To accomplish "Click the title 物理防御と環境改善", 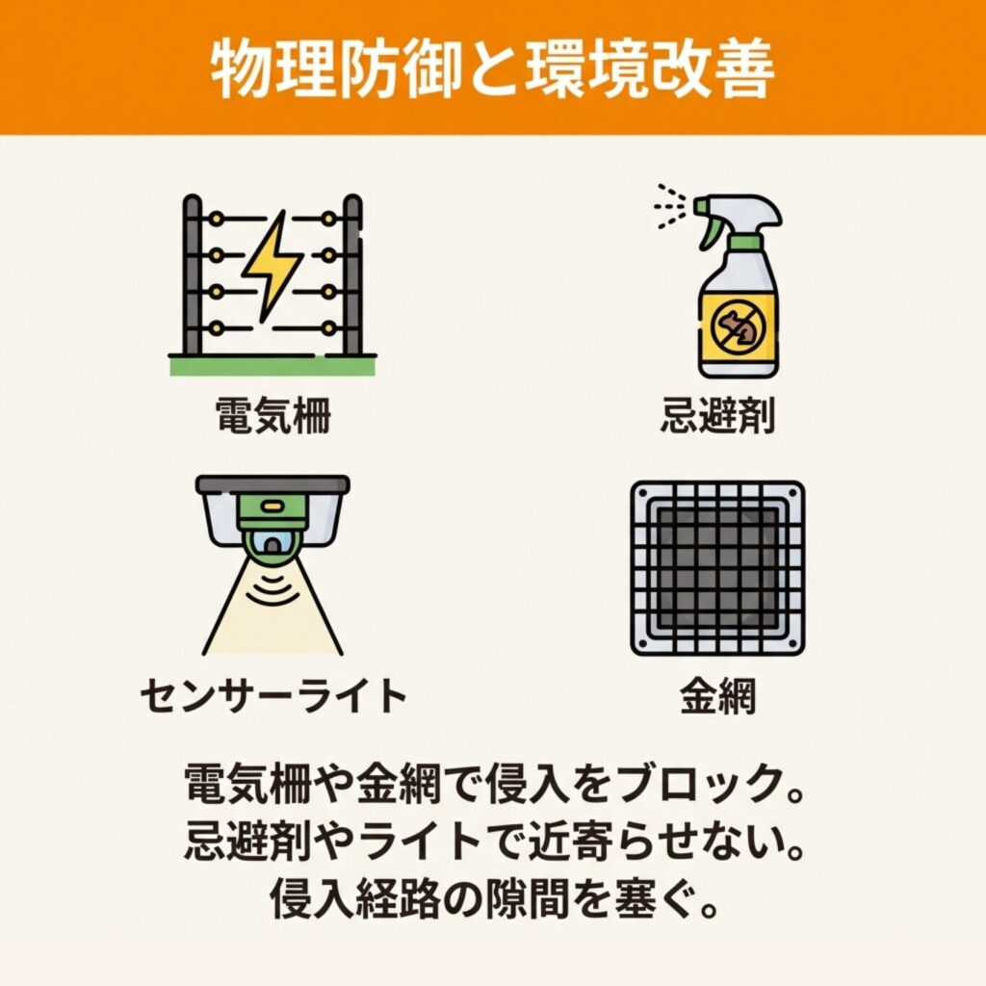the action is [492, 68].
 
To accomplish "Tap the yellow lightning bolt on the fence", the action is [271, 267].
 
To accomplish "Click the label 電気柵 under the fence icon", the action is [273, 415].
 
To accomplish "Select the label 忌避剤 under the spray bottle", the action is [717, 415].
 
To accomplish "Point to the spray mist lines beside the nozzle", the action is [670, 206].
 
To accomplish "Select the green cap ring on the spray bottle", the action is [745, 242].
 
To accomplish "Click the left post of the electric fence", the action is [193, 275].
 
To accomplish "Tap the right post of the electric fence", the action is [352, 275].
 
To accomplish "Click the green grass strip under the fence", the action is [272, 366].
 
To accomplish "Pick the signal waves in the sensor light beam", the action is [272, 585].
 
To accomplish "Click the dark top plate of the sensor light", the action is [272, 485].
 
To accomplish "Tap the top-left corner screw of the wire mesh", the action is [642, 493].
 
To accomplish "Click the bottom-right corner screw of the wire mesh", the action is [793, 643].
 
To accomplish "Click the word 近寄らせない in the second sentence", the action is [654, 842].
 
